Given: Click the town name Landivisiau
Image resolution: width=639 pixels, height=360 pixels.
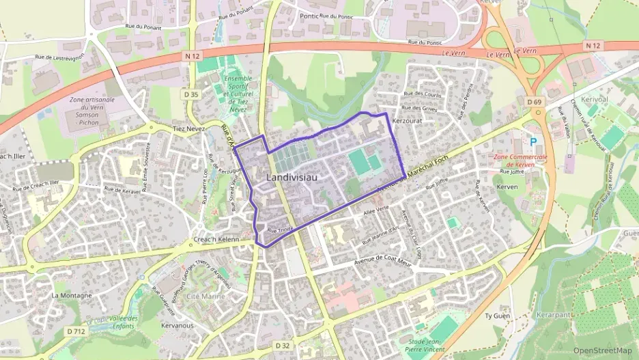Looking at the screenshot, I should click(x=289, y=177).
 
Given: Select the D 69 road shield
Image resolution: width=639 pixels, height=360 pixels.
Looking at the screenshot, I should click(x=535, y=101).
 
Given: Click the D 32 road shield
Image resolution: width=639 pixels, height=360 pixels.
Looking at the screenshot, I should click(x=283, y=346).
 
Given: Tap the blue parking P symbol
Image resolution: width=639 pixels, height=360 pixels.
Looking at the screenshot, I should click(x=534, y=142).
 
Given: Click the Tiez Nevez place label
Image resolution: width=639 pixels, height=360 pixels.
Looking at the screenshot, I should click(x=189, y=128).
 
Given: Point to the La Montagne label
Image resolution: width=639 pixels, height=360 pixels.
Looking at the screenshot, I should click(x=71, y=295).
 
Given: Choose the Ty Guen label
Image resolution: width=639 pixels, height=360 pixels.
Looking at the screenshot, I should click(x=497, y=316).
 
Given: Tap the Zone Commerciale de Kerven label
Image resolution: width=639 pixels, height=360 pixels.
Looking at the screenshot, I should click(x=526, y=161).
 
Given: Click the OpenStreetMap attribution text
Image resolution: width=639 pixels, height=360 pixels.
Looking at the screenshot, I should click(x=601, y=350).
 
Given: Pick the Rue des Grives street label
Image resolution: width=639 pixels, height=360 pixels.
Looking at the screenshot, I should click(x=420, y=107).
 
